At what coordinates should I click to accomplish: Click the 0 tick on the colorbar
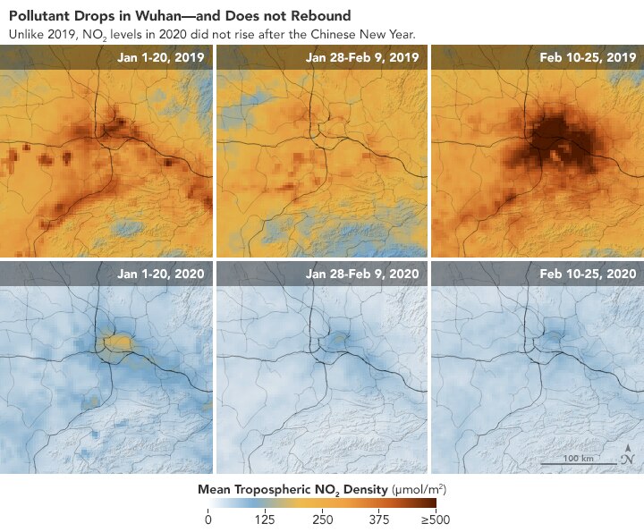208,520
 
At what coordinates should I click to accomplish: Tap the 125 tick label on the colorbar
265,520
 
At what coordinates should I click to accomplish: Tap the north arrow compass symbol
629,456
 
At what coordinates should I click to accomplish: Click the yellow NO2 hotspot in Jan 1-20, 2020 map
116,342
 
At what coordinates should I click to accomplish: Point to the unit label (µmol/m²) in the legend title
419,490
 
